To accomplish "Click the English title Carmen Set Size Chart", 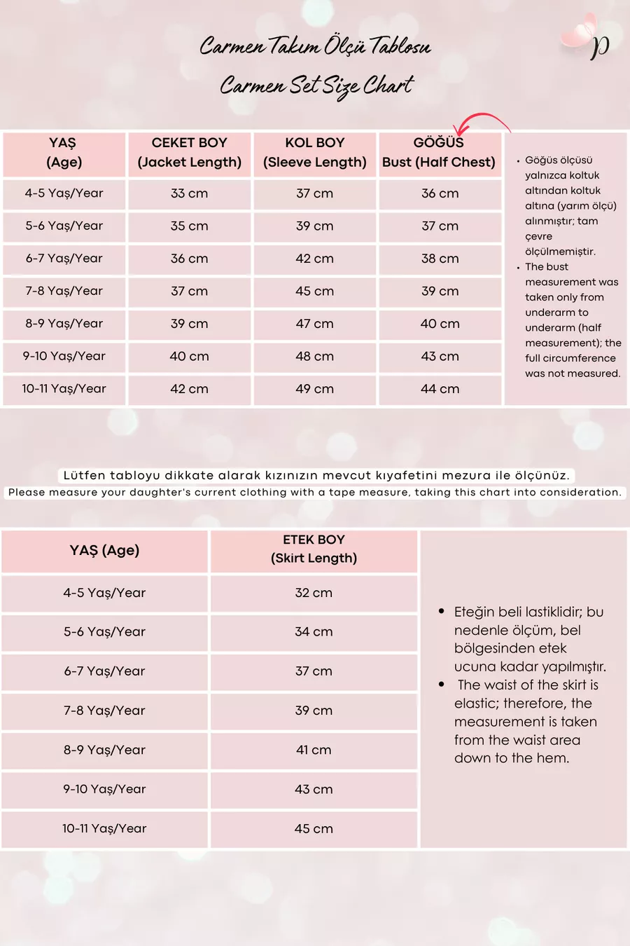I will (x=316, y=86).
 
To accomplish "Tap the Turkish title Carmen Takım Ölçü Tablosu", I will (x=315, y=46).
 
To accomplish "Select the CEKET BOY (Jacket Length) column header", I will (x=189, y=153).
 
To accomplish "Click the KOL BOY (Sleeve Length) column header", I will (x=314, y=153).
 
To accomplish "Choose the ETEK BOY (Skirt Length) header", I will (x=314, y=549).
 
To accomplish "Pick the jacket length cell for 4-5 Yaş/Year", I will (x=189, y=193).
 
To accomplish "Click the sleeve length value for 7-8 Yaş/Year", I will (x=314, y=291).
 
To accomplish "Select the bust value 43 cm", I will (x=440, y=356).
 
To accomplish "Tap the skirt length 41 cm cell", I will (x=314, y=750).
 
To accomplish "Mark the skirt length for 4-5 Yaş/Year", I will (x=314, y=593).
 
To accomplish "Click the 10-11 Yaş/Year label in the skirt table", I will (x=104, y=828).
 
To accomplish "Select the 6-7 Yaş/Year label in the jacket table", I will (x=64, y=259).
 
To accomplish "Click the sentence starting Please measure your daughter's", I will (x=315, y=492).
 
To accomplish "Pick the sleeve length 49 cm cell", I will (x=314, y=389).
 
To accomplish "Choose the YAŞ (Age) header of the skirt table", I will (x=104, y=551).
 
